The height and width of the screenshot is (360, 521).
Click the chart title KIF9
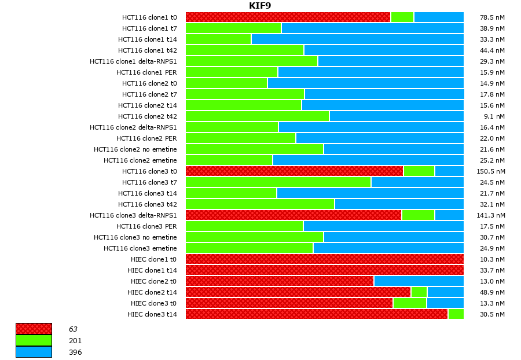click(x=260, y=6)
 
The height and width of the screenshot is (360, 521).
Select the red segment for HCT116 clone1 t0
click(x=288, y=17)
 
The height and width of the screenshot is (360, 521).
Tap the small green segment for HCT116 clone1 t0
click(x=402, y=17)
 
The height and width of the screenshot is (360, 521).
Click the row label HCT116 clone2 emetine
click(x=140, y=160)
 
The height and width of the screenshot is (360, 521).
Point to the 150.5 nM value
click(x=492, y=171)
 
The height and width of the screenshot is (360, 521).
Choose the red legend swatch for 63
click(x=34, y=329)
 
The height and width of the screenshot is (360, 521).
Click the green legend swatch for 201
click(x=34, y=340)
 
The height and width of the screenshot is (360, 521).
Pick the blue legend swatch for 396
click(x=34, y=352)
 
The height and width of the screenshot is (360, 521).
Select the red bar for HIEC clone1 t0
click(x=324, y=259)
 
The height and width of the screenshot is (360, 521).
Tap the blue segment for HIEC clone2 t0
click(x=419, y=281)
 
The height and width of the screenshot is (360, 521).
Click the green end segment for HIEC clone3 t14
click(x=456, y=314)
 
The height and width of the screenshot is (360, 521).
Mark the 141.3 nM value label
click(x=492, y=215)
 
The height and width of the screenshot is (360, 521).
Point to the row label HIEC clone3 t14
click(x=152, y=314)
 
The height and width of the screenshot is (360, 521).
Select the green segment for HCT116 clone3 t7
click(x=278, y=182)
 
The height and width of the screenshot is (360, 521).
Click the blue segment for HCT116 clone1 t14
click(x=357, y=39)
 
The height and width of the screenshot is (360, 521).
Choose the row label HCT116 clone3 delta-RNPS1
click(x=133, y=215)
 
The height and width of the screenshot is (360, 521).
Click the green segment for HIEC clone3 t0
click(x=410, y=303)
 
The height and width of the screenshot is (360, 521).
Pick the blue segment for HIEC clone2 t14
click(x=445, y=292)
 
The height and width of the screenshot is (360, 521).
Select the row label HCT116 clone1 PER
click(x=146, y=72)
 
